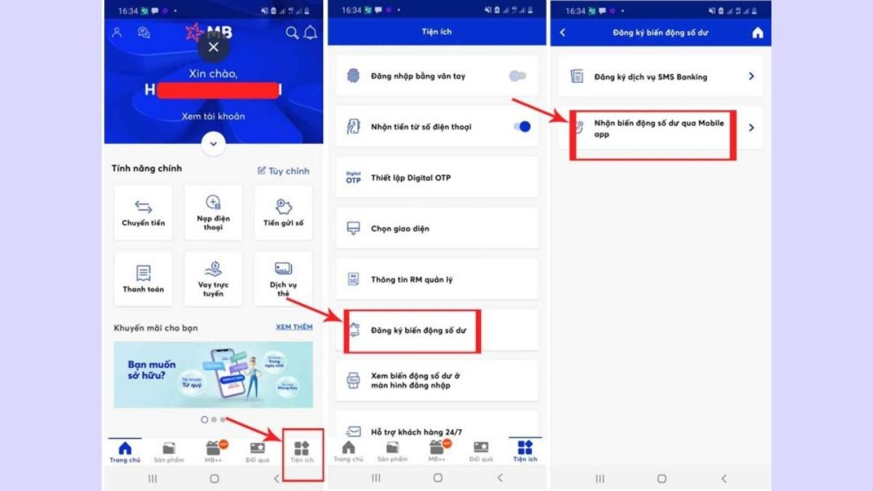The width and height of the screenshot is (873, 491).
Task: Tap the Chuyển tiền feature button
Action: point(143,212)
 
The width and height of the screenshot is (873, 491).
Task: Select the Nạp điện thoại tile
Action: point(213,212)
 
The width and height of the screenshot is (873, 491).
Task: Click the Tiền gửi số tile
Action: point(283,212)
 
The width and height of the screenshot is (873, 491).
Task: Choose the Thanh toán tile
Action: point(143,279)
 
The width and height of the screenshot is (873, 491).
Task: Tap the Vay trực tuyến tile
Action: point(213,279)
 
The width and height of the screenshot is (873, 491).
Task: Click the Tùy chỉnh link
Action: point(284,171)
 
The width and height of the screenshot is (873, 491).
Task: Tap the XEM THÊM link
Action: point(294,327)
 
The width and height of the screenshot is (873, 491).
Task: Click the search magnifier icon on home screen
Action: point(292,33)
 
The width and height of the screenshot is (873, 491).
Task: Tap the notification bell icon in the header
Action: point(311,33)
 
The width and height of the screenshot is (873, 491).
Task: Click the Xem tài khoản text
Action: point(213,116)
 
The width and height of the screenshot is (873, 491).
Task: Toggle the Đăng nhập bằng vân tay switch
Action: point(518,76)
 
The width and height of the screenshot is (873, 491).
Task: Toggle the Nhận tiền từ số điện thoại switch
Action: point(522,127)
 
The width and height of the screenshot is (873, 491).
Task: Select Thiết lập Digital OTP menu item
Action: point(436,177)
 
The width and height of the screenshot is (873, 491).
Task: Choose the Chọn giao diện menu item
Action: point(436,228)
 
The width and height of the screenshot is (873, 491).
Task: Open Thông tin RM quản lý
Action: point(436,279)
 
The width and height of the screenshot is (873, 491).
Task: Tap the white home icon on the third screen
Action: point(757,33)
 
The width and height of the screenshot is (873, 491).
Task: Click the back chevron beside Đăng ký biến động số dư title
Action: point(562,33)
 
